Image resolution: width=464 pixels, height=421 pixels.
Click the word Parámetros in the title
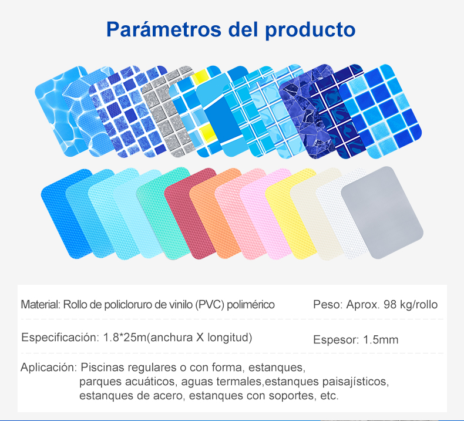[164, 29]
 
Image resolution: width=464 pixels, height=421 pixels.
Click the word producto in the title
[310, 30]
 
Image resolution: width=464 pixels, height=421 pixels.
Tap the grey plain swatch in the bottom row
[382, 213]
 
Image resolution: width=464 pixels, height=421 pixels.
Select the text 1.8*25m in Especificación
[125, 337]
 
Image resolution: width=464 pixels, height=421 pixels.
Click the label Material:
[41, 304]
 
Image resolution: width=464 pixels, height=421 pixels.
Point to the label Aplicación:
[49, 368]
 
